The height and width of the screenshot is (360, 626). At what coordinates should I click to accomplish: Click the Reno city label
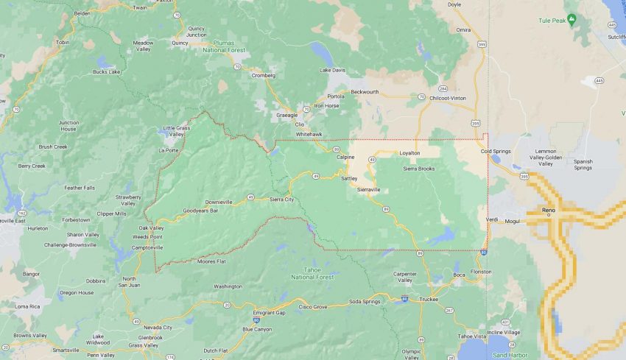(x=548, y=210)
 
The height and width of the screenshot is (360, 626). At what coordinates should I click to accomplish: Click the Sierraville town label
(x=368, y=189)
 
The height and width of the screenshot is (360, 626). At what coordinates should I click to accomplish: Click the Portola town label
(x=336, y=96)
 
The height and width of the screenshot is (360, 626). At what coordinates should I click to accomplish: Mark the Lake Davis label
(x=331, y=70)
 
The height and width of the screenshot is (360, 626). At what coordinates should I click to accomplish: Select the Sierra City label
(x=281, y=200)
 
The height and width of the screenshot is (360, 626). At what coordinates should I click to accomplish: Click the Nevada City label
(x=158, y=327)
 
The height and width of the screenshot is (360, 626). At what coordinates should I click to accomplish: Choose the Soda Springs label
(x=365, y=302)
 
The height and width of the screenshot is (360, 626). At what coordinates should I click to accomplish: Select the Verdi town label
(x=493, y=219)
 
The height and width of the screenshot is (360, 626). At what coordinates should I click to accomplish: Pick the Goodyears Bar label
(x=200, y=211)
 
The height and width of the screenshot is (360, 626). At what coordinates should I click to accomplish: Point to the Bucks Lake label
(x=106, y=72)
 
